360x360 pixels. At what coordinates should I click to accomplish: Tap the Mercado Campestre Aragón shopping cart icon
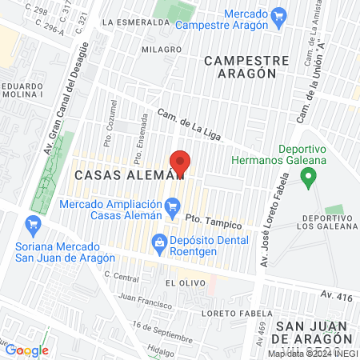point(279,15)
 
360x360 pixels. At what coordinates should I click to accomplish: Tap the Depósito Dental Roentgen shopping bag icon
point(159,241)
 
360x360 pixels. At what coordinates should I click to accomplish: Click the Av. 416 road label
point(336,295)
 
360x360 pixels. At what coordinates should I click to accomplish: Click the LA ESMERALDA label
point(137,22)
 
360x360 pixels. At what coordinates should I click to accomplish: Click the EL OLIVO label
point(180,283)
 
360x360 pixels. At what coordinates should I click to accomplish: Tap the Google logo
point(28,350)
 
